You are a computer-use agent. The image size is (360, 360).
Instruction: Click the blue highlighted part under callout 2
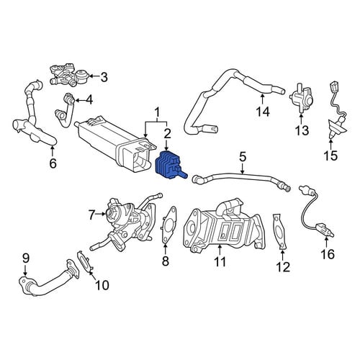point(169,166)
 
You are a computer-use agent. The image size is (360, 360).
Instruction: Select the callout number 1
point(158,112)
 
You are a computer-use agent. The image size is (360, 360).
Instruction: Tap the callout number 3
point(104,77)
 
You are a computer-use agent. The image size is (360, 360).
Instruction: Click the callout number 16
point(328,254)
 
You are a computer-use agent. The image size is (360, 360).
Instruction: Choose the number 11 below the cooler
point(220,261)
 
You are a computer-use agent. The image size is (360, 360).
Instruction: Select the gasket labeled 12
point(279,230)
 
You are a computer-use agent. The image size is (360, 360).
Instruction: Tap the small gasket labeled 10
point(85,262)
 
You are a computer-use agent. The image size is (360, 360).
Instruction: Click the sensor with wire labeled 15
point(337,111)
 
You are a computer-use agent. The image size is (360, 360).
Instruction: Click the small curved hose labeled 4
point(66,110)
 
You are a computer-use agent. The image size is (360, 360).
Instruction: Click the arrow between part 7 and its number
point(100,213)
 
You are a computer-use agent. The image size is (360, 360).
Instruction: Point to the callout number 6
point(53,163)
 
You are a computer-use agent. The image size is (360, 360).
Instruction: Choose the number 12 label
point(283,267)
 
